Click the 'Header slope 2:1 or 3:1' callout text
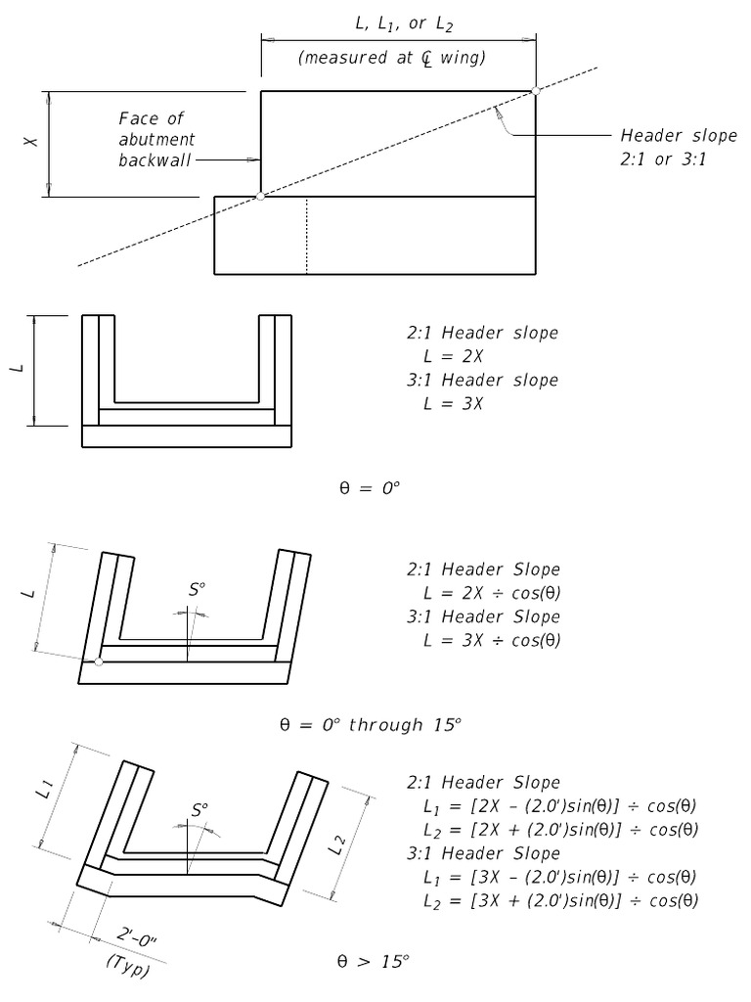(662, 147)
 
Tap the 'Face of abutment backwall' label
(157, 139)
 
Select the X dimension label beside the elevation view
(32, 142)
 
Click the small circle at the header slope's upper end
(535, 90)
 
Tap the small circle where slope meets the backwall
(260, 197)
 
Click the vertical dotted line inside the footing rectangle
(307, 235)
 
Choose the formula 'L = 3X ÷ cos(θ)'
(492, 640)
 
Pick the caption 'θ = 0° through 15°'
(371, 725)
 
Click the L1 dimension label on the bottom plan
(48, 793)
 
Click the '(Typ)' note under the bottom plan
(126, 964)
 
